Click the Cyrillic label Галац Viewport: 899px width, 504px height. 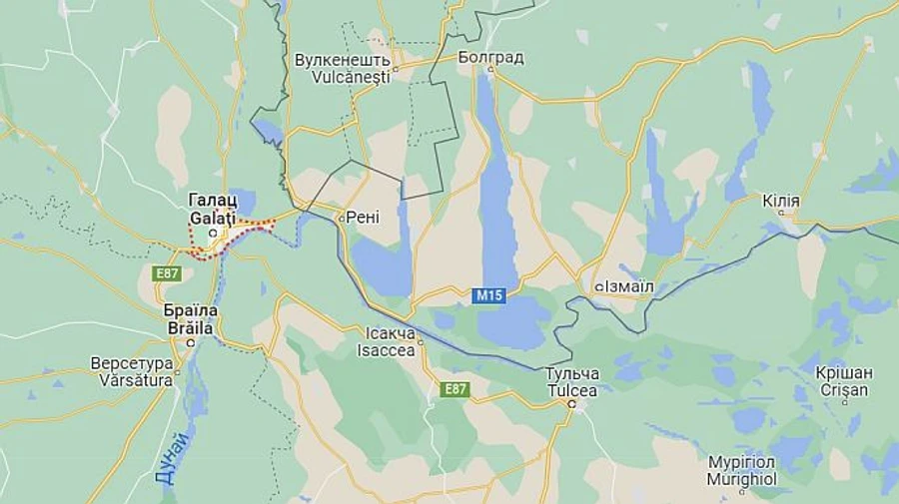click(211, 199)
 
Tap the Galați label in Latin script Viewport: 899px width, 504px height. click(211, 215)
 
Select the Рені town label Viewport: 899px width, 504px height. click(364, 218)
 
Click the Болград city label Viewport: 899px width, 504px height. click(490, 57)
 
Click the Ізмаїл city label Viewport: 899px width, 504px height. click(629, 286)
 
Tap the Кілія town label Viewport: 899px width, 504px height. click(780, 202)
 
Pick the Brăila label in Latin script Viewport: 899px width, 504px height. click(190, 325)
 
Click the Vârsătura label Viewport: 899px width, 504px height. click(132, 379)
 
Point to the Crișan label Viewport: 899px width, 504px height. click(843, 390)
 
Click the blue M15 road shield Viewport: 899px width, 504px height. click(488, 295)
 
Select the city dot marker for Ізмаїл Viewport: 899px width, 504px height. click(599, 286)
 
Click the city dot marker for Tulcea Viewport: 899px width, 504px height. click(571, 405)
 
